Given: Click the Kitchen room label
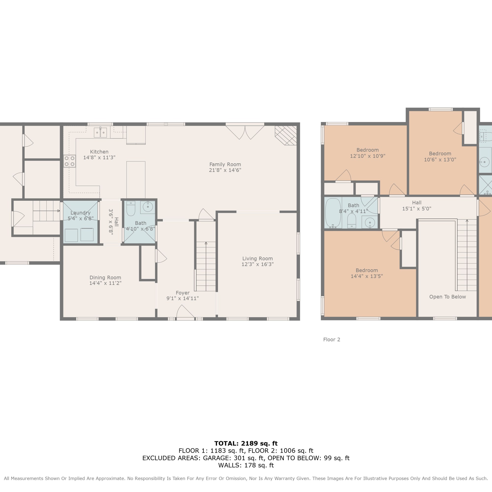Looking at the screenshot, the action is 99,152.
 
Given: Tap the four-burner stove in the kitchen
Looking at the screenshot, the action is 70,161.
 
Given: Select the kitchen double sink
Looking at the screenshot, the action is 100,132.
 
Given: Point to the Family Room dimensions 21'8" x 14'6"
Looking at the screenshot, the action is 225,170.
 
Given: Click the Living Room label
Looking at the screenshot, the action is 258,259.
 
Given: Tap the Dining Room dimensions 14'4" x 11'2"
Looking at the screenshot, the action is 105,283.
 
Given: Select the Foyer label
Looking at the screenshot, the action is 183,293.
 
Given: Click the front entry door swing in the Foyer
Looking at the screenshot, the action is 185,311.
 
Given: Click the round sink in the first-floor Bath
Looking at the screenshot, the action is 148,207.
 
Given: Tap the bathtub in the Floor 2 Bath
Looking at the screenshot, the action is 333,213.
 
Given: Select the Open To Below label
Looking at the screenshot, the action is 447,297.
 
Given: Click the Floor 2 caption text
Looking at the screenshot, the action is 332,339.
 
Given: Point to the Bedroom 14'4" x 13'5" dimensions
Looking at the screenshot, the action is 367,276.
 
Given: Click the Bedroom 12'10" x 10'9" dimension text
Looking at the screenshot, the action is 368,156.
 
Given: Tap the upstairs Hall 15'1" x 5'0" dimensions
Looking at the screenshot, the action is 417,209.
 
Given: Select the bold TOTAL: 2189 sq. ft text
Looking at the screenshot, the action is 246,444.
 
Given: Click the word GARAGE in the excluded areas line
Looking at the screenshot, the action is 216,458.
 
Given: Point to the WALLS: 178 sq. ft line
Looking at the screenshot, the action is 246,465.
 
